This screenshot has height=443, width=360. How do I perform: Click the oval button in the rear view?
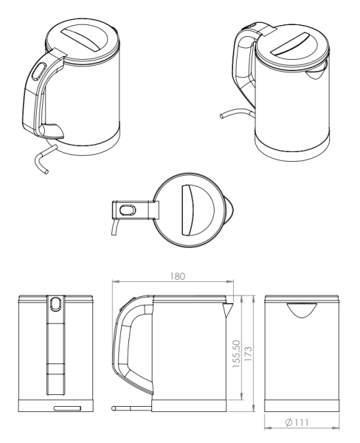pyautogui.click(x=55, y=303)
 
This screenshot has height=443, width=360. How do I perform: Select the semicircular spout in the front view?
pyautogui.click(x=302, y=309)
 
